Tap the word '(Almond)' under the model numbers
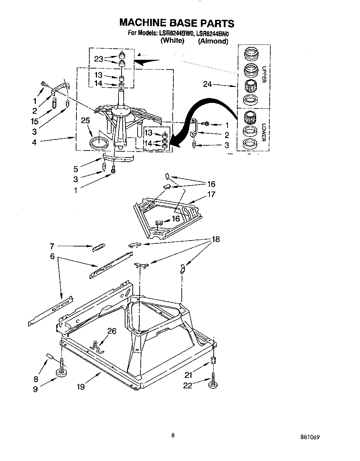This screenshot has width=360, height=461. pyautogui.click(x=213, y=41)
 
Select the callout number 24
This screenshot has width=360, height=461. pyautogui.click(x=207, y=84)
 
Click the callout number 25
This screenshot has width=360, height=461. pyautogui.click(x=85, y=121)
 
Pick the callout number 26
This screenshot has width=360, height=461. pyautogui.click(x=112, y=331)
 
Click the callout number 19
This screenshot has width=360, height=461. pyautogui.click(x=80, y=386)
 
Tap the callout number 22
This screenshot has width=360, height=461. pyautogui.click(x=188, y=385)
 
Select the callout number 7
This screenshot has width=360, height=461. pyautogui.click(x=52, y=246)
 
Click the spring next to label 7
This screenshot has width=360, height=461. pyautogui.click(x=98, y=247)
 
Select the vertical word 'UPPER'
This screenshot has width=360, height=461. pyautogui.click(x=264, y=74)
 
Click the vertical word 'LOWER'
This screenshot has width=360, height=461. pyautogui.click(x=264, y=132)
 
